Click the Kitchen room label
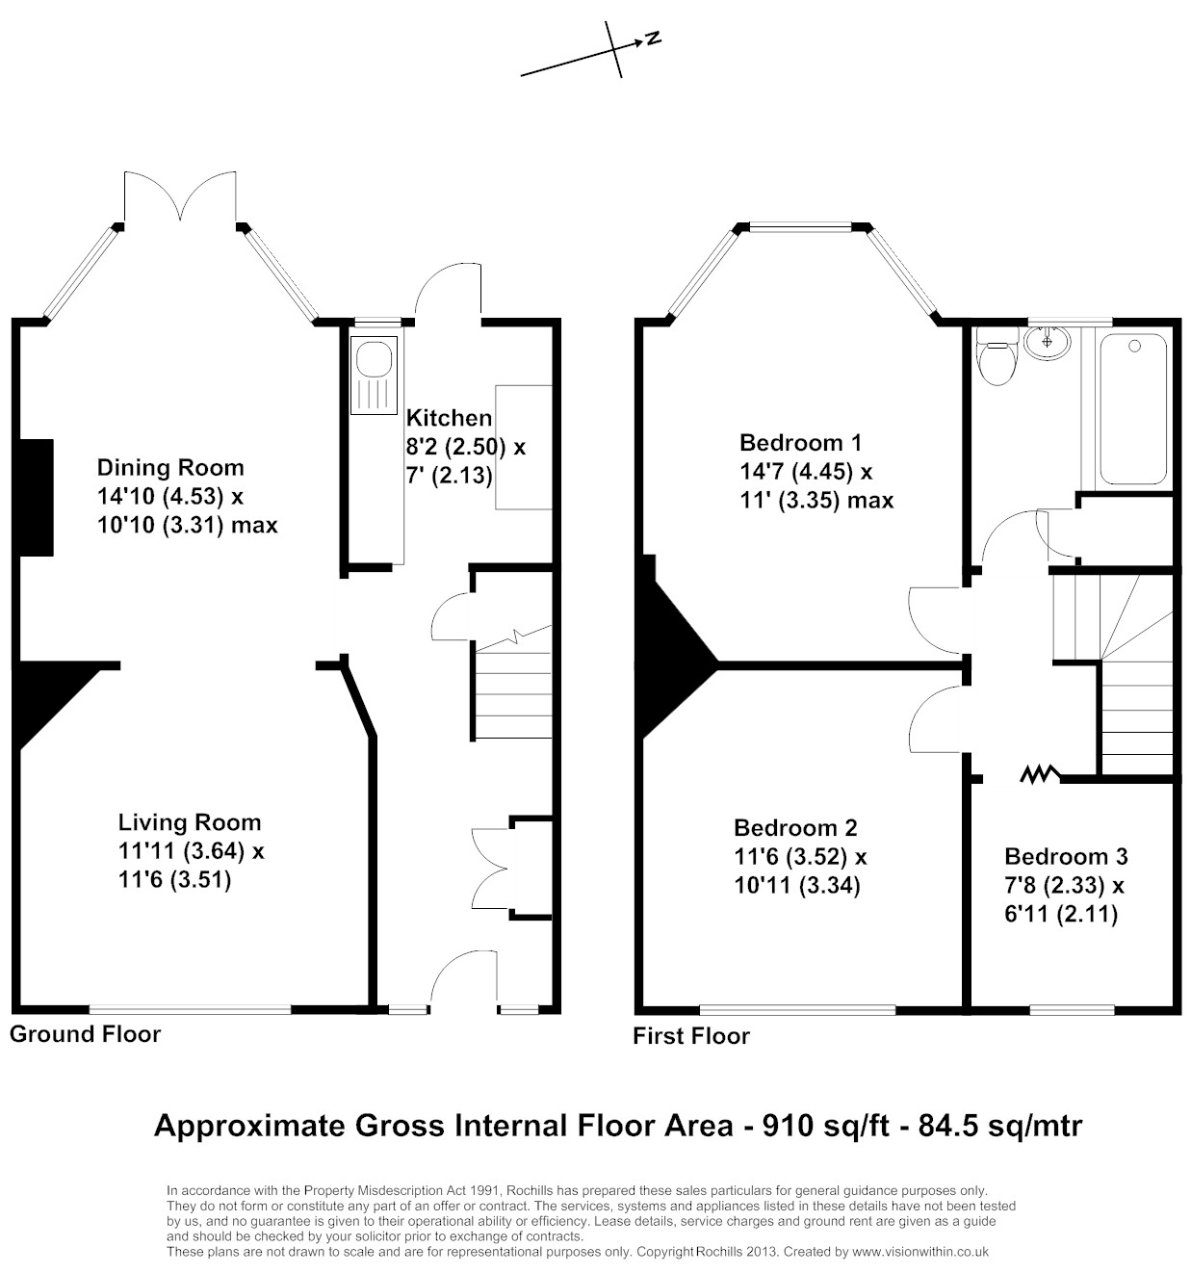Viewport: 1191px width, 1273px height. click(449, 418)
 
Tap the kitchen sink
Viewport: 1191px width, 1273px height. click(374, 375)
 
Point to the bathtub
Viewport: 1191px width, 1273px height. click(1132, 408)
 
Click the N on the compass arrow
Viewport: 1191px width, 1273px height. click(653, 39)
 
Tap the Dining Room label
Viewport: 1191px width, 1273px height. click(170, 467)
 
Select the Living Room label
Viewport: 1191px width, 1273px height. click(189, 821)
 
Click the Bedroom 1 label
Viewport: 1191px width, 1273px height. click(801, 442)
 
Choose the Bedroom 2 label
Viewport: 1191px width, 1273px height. click(795, 827)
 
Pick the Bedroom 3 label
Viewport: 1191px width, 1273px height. click(1066, 856)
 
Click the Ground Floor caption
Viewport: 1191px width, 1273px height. click(86, 1034)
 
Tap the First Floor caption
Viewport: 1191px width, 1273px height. click(691, 1036)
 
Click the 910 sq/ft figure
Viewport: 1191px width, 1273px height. click(826, 1125)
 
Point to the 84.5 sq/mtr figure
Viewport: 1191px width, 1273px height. click(1000, 1125)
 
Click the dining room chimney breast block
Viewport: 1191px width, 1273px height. click(37, 498)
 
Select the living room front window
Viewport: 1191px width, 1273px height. click(190, 1009)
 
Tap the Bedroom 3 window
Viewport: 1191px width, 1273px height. click(1072, 1010)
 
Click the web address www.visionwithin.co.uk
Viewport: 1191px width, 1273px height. click(920, 1251)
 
